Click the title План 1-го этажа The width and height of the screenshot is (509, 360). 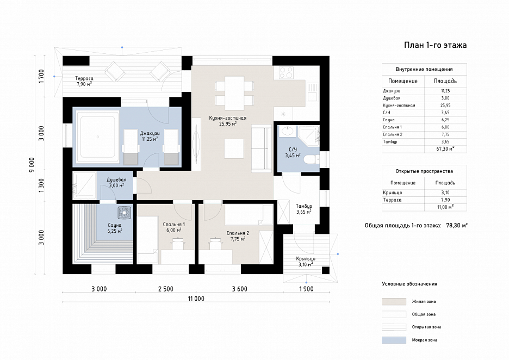pyautogui.click(x=435, y=45)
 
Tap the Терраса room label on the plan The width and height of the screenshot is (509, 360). pyautogui.click(x=84, y=78)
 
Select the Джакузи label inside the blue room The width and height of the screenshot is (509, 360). pyautogui.click(x=150, y=133)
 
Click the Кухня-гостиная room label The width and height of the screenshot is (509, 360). pyautogui.click(x=227, y=118)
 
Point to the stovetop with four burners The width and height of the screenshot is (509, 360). pyautogui.click(x=286, y=73)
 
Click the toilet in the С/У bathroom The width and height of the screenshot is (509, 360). pyautogui.click(x=312, y=159)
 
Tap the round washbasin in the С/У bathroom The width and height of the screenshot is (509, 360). pyautogui.click(x=287, y=132)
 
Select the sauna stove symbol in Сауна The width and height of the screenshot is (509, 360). pyautogui.click(x=124, y=212)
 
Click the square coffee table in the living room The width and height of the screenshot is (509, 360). pyautogui.click(x=234, y=148)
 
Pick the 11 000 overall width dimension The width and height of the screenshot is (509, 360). pyautogui.click(x=196, y=299)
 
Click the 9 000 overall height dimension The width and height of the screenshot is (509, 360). pyautogui.click(x=32, y=165)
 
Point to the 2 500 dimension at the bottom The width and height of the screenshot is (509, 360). pyautogui.click(x=165, y=289)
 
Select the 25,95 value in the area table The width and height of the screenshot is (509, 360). pyautogui.click(x=445, y=105)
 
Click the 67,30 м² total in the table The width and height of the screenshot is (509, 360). pyautogui.click(x=445, y=149)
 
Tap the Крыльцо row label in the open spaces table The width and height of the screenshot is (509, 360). pyautogui.click(x=392, y=193)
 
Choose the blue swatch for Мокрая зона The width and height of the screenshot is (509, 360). pyautogui.click(x=394, y=340)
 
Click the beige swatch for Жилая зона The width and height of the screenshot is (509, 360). pyautogui.click(x=394, y=302)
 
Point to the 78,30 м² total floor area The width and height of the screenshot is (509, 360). pyautogui.click(x=457, y=225)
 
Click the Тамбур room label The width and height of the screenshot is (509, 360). pyautogui.click(x=304, y=206)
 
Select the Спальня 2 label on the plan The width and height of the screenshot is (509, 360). pyautogui.click(x=238, y=233)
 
